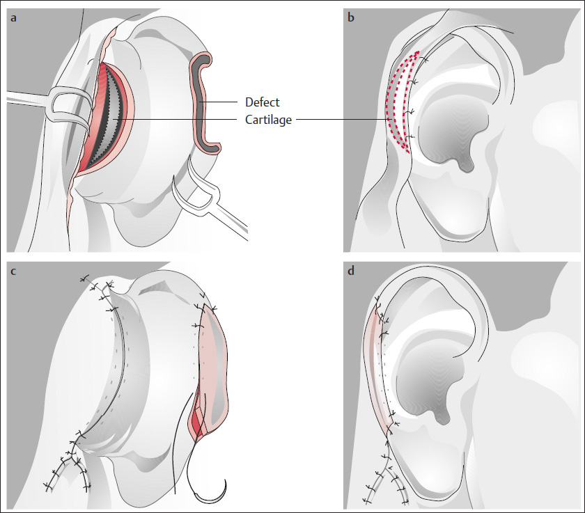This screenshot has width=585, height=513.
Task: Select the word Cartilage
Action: pyautogui.click(x=269, y=120)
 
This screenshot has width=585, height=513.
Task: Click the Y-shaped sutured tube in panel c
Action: pyautogui.click(x=70, y=463)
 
